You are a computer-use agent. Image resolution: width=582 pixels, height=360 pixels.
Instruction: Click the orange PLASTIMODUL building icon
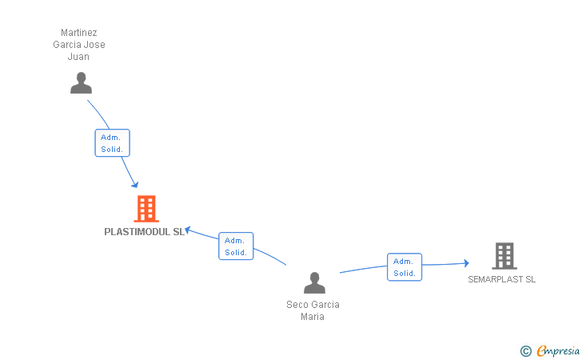pos(145,209)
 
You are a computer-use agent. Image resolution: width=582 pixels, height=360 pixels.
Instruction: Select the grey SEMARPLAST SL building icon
pos(504,256)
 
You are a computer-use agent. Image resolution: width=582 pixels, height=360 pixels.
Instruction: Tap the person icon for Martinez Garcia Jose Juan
pos(81,83)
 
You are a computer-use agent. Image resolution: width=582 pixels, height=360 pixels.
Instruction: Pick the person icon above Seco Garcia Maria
pos(314,283)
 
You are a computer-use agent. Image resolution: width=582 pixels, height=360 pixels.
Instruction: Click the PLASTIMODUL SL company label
pos(145,232)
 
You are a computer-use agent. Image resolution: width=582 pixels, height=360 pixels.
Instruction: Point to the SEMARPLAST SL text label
pos(502,279)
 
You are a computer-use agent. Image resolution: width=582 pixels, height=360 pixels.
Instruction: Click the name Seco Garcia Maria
pos(313,310)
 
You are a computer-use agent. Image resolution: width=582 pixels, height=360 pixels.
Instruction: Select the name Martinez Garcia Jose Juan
pos(79,45)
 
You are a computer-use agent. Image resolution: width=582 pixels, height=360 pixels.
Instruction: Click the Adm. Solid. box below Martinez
pos(112,143)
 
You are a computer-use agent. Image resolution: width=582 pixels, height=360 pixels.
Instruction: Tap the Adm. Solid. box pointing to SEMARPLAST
pos(404,267)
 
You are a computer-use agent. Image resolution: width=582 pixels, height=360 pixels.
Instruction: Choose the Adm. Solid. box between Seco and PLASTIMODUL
pos(236,246)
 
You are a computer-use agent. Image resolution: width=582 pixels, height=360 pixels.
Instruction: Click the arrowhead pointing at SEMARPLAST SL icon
pos(465,263)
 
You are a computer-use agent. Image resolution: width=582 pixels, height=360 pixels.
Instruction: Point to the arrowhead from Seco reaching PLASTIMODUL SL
pos(188,230)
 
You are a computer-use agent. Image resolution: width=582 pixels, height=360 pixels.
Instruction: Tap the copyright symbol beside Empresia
pos(525,350)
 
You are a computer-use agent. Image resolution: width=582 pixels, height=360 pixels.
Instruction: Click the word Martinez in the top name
pos(79,33)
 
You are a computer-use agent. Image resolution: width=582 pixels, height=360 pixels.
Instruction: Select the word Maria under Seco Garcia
pos(313,316)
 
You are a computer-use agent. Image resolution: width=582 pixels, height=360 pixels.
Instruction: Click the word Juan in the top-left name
pos(79,57)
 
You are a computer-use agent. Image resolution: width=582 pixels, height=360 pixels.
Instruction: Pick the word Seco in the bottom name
pos(297,305)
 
